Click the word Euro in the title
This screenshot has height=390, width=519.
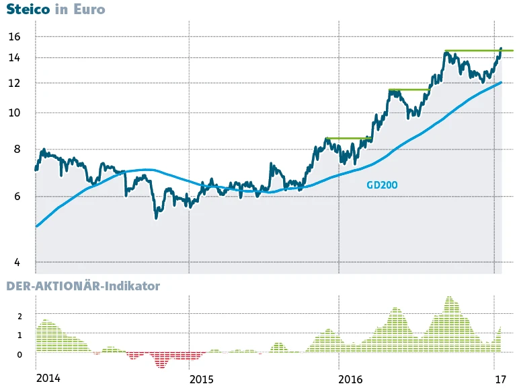tap(90, 10)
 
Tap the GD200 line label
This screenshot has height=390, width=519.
tap(382, 185)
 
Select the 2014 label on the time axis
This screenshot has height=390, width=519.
tap(48, 378)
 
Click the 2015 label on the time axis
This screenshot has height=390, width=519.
tap(202, 378)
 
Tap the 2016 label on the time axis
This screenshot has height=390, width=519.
tap(352, 378)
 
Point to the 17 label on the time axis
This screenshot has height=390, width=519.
tap(500, 378)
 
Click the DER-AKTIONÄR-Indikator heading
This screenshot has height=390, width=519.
tap(83, 286)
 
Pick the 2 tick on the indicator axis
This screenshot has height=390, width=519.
tap(20, 316)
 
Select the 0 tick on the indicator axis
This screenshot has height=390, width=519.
tap(20, 354)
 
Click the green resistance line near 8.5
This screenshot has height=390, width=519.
tap(348, 138)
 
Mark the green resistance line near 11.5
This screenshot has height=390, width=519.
tap(409, 90)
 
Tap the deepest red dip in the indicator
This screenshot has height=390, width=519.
tap(161, 365)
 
